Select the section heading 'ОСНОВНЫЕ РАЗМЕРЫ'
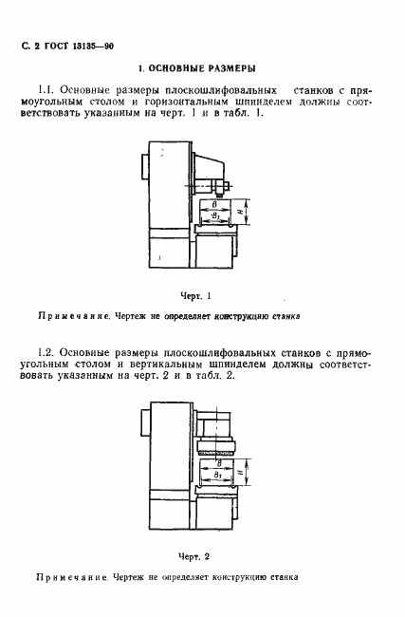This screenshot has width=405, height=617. point(202,69)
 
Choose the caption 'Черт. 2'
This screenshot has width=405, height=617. point(193,555)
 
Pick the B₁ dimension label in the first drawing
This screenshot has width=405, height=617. point(218,217)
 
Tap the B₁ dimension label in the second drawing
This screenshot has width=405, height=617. point(218,473)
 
